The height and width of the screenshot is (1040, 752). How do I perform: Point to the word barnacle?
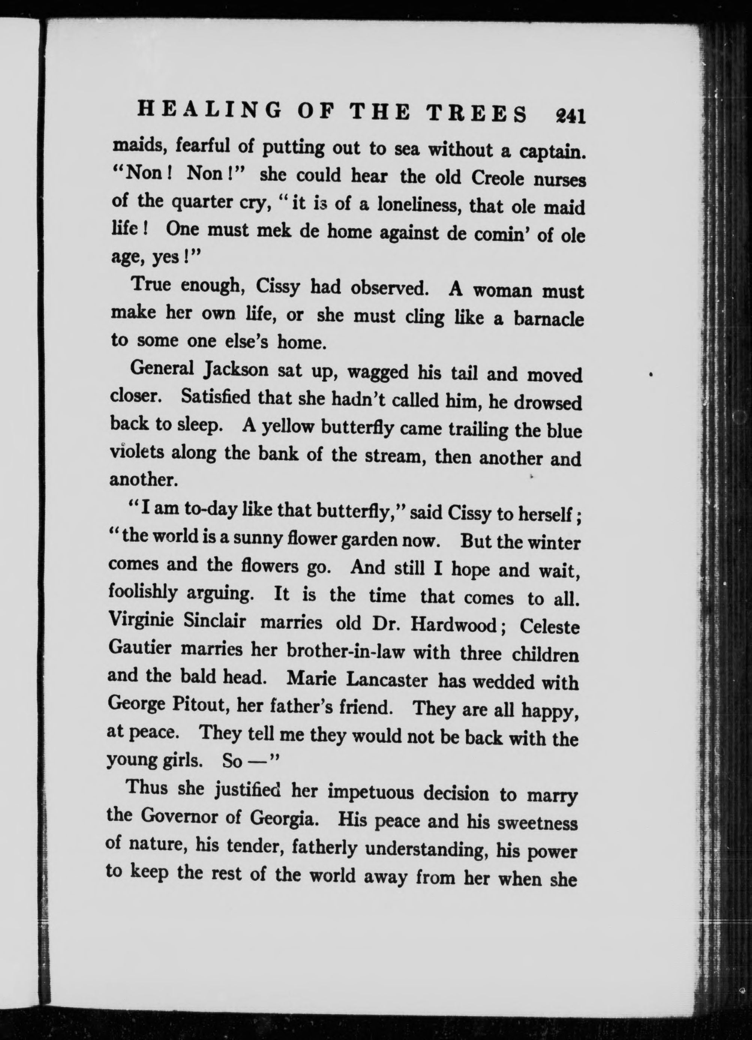point(549,319)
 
